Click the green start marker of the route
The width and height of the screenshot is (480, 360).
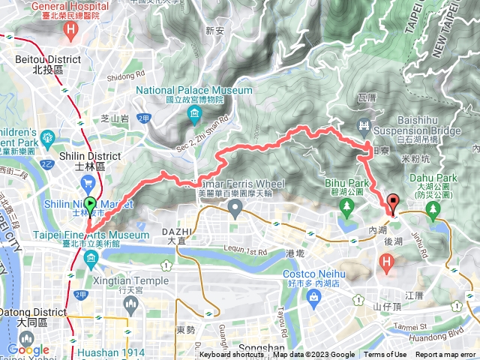[90, 204]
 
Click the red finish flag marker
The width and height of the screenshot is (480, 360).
[393, 201]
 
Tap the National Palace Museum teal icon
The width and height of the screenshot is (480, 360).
[195, 114]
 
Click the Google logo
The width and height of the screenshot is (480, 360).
[28, 349]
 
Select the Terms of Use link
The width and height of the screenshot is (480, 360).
[385, 355]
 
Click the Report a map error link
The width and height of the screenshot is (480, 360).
[445, 355]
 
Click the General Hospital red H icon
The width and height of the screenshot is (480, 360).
[71, 31]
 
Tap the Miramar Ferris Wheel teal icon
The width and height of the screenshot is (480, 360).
[237, 212]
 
